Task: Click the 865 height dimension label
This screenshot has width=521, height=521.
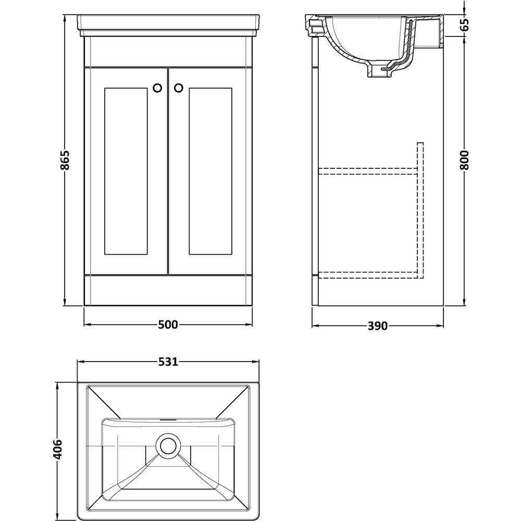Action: [x=66, y=160]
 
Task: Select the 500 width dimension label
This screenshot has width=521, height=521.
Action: [x=168, y=324]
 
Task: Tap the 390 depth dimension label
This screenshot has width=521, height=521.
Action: [x=377, y=326]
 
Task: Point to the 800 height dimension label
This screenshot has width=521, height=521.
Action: [x=464, y=160]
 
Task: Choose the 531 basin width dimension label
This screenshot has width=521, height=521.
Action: [x=168, y=362]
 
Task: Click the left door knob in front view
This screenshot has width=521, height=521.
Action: [x=157, y=88]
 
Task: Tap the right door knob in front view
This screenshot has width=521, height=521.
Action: [x=178, y=88]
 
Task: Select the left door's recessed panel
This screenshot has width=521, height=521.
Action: [x=126, y=171]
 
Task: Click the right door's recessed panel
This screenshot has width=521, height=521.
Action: [x=210, y=171]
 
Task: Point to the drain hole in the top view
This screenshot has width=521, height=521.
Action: [x=168, y=445]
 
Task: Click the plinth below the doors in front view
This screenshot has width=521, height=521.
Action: [x=168, y=290]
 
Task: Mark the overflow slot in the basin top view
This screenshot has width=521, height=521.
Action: [x=168, y=419]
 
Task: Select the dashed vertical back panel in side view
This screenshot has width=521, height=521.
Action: [x=420, y=210]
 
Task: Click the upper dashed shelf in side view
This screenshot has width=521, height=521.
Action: [x=368, y=171]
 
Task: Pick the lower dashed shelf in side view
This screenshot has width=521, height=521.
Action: [x=368, y=275]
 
